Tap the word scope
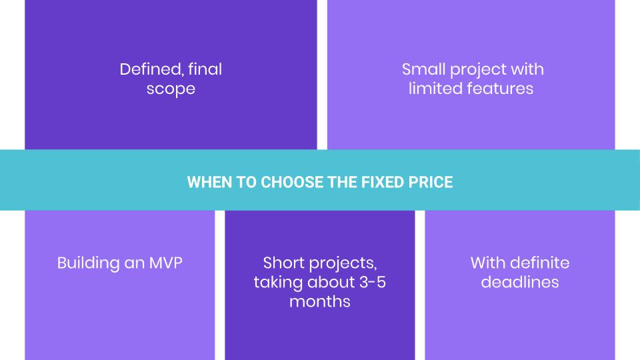point(171,89)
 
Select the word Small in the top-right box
point(423,69)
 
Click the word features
point(500,89)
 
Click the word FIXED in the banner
point(376,182)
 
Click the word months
point(320,301)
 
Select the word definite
point(541,263)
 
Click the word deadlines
point(520,282)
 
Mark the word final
point(205,69)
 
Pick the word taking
point(278,282)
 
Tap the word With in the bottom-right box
point(488,263)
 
